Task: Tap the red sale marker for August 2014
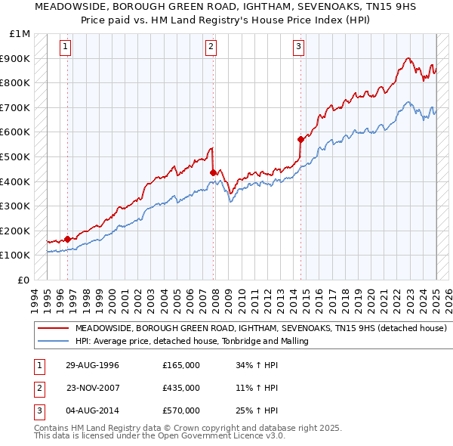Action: tap(300, 139)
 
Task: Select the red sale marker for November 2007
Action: tap(213, 172)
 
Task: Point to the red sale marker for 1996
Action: tap(68, 239)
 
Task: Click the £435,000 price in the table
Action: tap(181, 388)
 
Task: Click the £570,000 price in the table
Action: tap(181, 410)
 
